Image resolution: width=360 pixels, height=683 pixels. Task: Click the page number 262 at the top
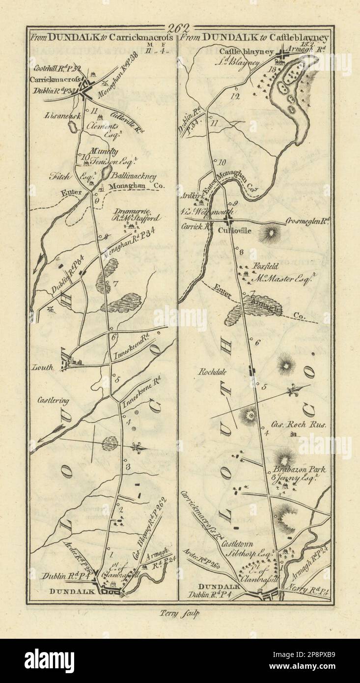[x=180, y=28]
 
